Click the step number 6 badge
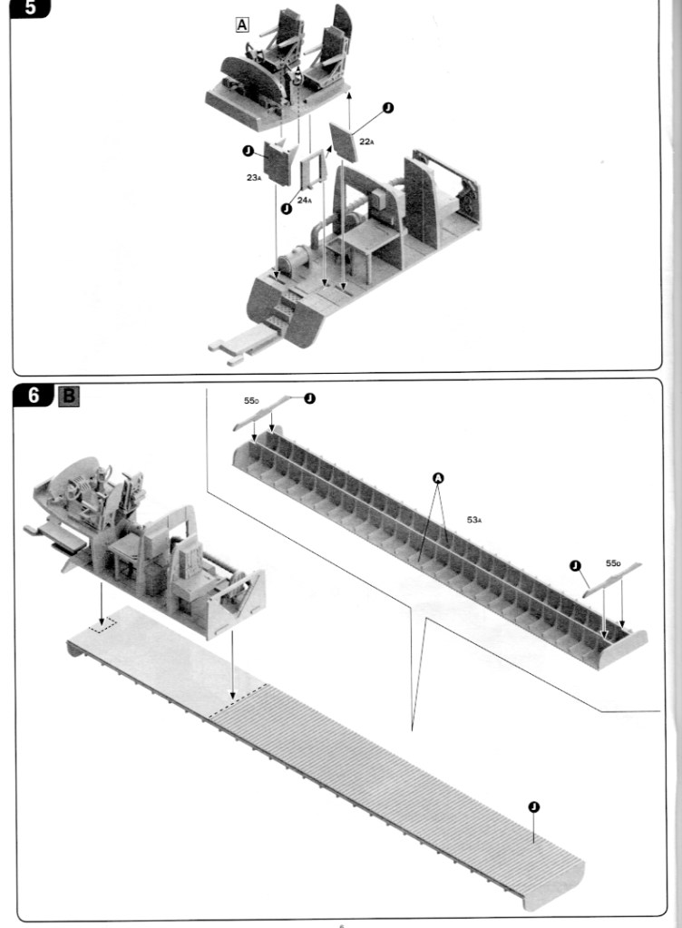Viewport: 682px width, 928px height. (34, 395)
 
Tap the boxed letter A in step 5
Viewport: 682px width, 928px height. (242, 24)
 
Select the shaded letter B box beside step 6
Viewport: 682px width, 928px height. (69, 396)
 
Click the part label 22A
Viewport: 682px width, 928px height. (366, 142)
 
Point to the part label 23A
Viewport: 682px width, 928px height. (254, 177)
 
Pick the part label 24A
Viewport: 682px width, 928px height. (304, 200)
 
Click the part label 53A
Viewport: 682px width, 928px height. (474, 520)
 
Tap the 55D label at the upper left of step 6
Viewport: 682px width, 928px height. (251, 401)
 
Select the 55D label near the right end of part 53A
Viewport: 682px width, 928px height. (613, 562)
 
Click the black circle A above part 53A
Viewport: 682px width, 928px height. (438, 478)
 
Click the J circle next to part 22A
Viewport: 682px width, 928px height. (388, 108)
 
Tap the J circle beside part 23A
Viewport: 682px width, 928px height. (248, 151)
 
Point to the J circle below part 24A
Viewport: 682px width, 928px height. (287, 209)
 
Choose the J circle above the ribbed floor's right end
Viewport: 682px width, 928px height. (533, 806)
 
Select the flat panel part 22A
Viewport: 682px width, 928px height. (345, 142)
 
